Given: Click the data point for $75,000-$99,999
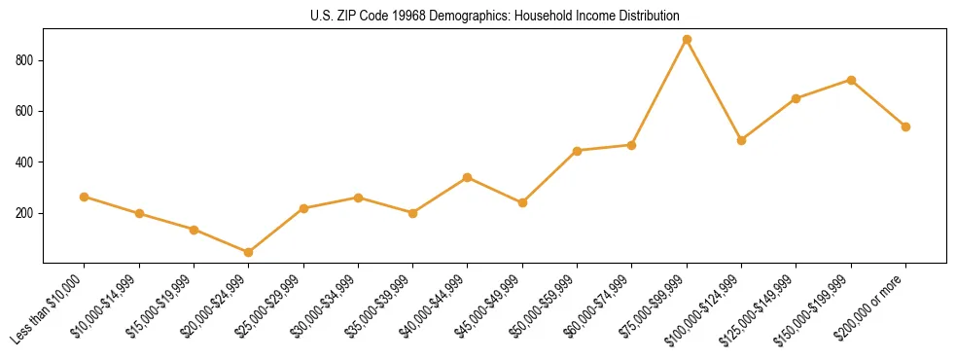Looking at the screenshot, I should (687, 40).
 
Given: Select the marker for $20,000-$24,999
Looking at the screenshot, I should (249, 252).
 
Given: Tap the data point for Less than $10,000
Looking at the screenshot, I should (85, 197).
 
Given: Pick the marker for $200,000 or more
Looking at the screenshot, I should (905, 126).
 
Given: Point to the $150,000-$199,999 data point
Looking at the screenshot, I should (851, 80).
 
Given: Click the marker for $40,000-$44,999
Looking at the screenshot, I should (468, 177).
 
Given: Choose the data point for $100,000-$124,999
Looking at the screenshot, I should (741, 140).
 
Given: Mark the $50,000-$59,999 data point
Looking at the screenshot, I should (578, 151).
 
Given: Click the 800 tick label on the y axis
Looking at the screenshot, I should (25, 60).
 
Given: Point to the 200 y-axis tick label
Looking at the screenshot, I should (25, 213).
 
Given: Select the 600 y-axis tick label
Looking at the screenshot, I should (25, 111).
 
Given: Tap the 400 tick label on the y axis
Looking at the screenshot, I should (25, 162).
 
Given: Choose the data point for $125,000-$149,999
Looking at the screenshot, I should (797, 98).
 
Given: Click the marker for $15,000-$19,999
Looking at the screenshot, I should (194, 230).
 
